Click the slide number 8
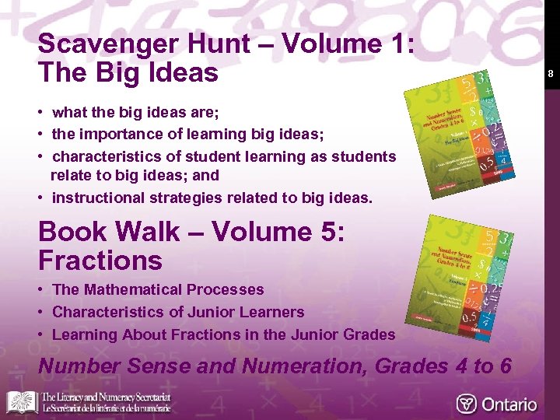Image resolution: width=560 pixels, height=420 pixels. click(x=550, y=74)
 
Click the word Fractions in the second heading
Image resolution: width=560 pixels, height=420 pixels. click(x=100, y=260)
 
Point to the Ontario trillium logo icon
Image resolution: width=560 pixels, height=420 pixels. click(x=467, y=404)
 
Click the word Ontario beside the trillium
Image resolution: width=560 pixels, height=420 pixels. click(x=509, y=404)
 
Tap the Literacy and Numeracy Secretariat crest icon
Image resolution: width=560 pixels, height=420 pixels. click(x=22, y=401)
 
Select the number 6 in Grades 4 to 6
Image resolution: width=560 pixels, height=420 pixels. click(x=504, y=365)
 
